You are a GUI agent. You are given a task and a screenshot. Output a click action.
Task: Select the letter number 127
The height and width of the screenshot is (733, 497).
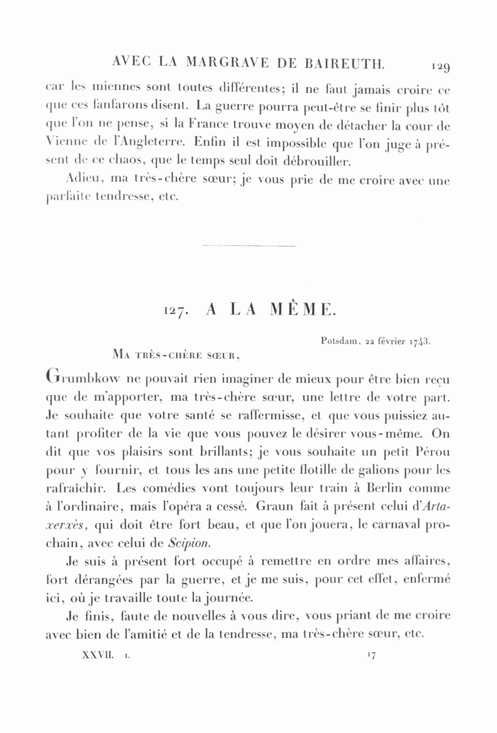click(176, 311)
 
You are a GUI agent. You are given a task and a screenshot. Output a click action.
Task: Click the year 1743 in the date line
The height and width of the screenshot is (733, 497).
click(420, 342)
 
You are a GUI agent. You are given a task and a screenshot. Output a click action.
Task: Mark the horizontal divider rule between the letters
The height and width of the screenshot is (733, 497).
click(249, 245)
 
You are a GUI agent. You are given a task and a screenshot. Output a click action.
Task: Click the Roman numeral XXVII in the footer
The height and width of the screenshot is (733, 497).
click(98, 655)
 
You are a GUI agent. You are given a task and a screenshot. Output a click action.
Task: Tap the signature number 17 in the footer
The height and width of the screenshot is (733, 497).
click(371, 655)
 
